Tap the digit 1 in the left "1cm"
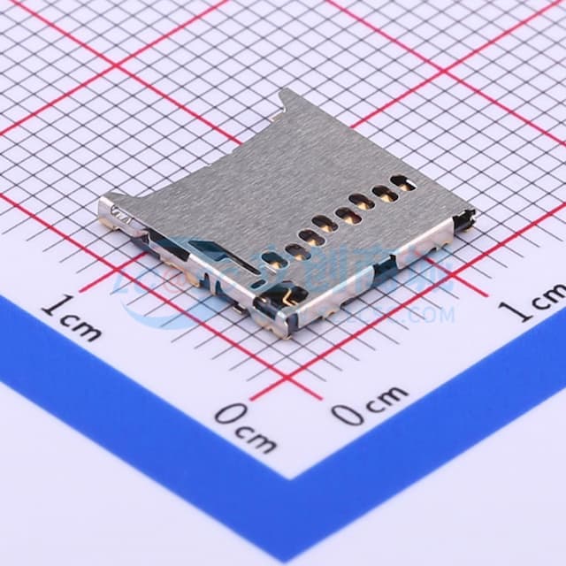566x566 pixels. point(54,309)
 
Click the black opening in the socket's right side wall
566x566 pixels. point(416,260)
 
